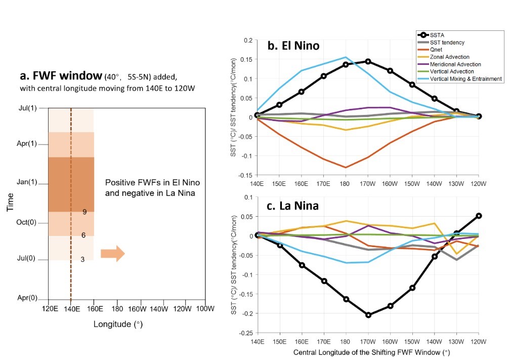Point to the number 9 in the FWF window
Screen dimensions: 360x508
coord(84,212)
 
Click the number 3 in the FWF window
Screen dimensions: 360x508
coord(83,259)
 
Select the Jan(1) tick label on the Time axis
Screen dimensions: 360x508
coord(27,182)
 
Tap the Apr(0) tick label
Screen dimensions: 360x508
coord(27,298)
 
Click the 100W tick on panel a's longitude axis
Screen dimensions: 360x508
coord(204,308)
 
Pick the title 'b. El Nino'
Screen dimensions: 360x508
coord(293,46)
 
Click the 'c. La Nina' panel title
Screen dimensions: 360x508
coord(294,207)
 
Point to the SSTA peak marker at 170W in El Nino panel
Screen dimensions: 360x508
coord(368,61)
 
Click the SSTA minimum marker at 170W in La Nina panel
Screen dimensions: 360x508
coord(368,315)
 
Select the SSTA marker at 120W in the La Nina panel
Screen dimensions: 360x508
coord(479,216)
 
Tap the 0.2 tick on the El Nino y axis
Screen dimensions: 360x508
coord(247,40)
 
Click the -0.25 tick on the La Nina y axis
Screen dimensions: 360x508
coord(245,334)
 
